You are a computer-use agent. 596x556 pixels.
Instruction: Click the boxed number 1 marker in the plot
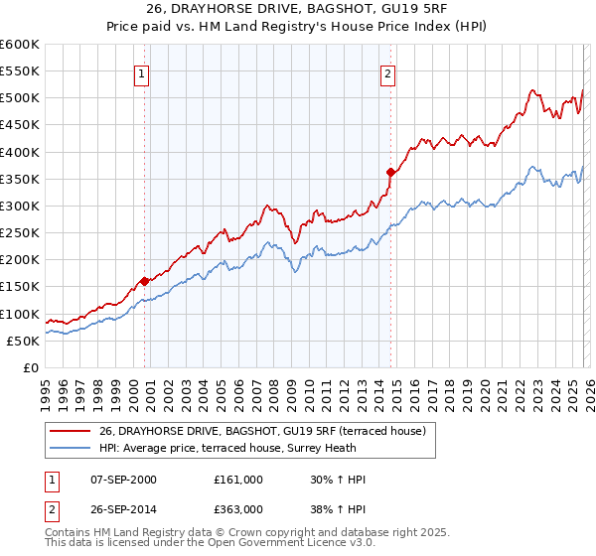141,73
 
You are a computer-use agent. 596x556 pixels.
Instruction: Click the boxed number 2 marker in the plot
387,73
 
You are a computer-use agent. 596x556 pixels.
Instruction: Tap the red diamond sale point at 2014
390,172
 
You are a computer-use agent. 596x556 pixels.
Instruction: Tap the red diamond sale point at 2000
145,281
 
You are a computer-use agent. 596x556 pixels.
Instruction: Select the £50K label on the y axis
24,341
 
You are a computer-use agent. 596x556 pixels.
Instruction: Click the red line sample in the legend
70,431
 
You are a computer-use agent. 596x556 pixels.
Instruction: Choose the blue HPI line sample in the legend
70,448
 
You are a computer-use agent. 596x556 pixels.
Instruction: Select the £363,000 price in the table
238,511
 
